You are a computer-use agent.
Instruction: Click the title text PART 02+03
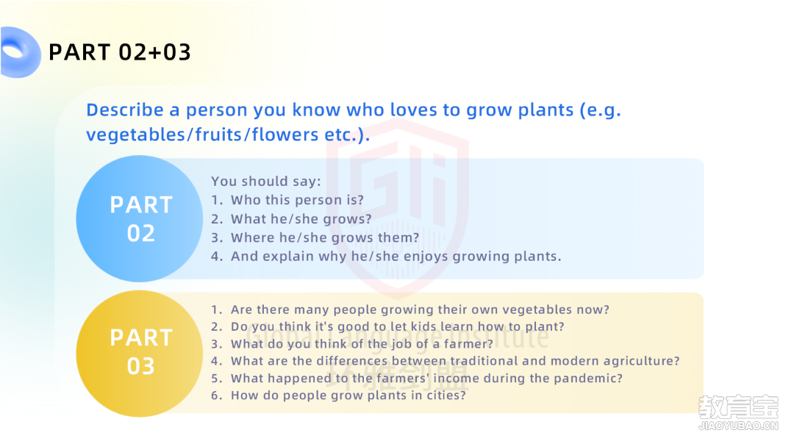120,52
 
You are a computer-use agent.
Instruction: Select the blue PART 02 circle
139,218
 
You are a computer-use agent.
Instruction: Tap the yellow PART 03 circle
139,354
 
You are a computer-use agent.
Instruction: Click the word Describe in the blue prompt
125,110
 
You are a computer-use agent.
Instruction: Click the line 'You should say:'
266,182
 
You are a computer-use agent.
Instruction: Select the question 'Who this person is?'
297,200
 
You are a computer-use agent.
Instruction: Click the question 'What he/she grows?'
301,218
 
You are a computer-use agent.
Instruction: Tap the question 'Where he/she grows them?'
325,237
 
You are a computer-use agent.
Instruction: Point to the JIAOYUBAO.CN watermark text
738,426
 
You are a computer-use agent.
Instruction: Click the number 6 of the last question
215,396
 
